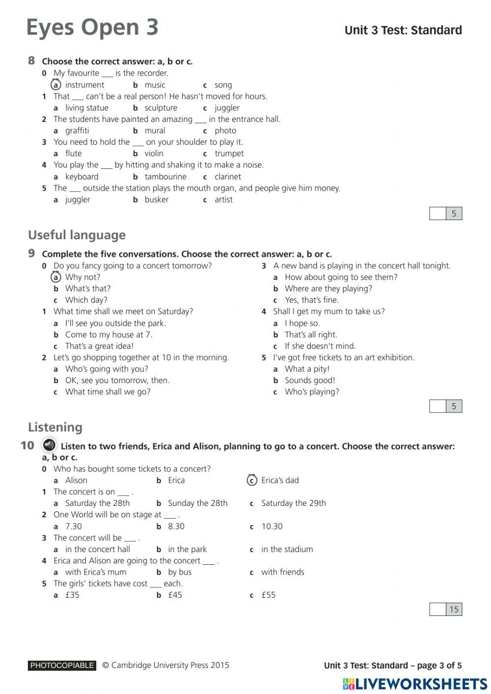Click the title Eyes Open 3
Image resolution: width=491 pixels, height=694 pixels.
click(92, 28)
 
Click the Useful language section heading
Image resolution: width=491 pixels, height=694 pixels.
click(77, 235)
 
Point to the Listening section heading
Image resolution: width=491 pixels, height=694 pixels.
click(55, 427)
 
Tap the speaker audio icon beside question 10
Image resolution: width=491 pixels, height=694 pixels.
click(49, 445)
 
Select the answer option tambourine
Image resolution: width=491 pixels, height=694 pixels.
click(165, 177)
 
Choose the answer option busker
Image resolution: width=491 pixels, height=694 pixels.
click(156, 199)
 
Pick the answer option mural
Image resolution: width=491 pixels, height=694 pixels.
click(155, 131)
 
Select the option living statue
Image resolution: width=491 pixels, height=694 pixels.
click(86, 108)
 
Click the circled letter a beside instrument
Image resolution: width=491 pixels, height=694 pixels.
click(56, 85)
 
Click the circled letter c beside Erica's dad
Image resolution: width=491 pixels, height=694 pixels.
click(252, 480)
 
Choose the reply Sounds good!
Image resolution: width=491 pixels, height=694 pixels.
click(310, 380)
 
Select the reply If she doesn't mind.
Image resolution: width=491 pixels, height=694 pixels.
click(320, 346)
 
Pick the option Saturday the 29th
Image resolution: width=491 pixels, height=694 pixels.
click(293, 503)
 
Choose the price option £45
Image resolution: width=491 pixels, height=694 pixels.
click(175, 595)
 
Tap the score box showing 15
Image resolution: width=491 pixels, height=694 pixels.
click(454, 610)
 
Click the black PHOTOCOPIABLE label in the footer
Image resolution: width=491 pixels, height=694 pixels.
click(62, 666)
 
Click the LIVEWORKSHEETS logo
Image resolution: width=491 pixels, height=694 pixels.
click(415, 684)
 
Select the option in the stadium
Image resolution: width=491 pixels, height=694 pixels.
click(287, 549)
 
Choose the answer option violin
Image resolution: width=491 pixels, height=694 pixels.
click(154, 153)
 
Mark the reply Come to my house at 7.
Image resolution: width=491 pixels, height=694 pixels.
click(109, 334)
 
